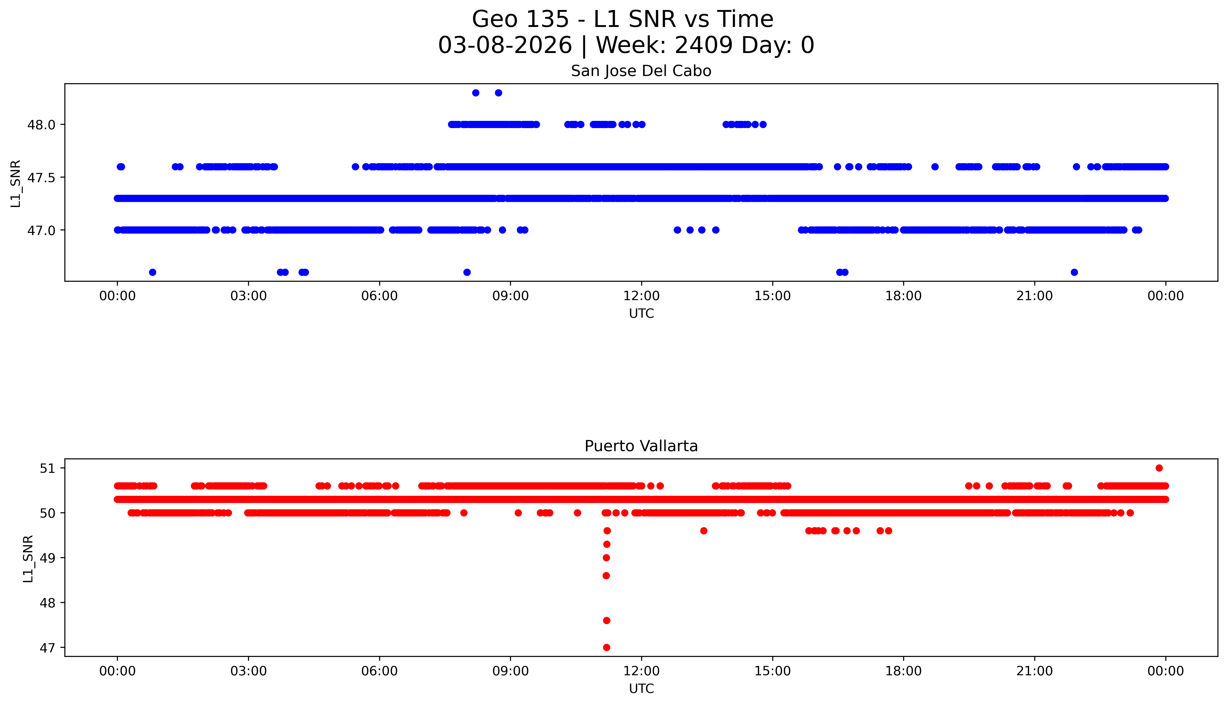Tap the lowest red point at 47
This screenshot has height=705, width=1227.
coord(606,647)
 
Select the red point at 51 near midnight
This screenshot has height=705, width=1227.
coord(1159,468)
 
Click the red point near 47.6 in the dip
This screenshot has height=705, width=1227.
coord(606,620)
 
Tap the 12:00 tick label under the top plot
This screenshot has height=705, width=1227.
coord(641,296)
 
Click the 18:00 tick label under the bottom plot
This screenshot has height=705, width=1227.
coord(903,671)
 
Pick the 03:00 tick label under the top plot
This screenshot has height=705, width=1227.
coord(249,296)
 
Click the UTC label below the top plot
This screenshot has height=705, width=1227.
coord(641,314)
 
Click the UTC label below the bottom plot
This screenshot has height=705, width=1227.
coord(641,688)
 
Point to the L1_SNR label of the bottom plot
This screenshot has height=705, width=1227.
coord(28,558)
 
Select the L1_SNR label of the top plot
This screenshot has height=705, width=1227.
coord(16,183)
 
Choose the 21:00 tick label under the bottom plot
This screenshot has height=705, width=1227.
coord(1034,671)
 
